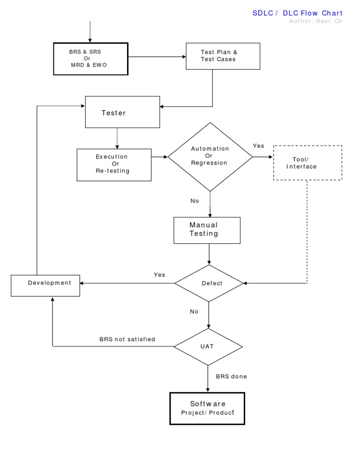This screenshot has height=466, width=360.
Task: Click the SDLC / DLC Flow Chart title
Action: pyautogui.click(x=297, y=13)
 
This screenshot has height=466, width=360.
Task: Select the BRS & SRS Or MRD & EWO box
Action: pyautogui.click(x=90, y=59)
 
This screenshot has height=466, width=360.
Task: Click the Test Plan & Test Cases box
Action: pyautogui.click(x=223, y=56)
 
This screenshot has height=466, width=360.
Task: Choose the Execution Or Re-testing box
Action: pyautogui.click(x=114, y=164)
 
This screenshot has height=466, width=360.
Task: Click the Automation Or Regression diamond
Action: pyautogui.click(x=210, y=157)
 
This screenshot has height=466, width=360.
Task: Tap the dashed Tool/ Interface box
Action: pyautogui.click(x=307, y=163)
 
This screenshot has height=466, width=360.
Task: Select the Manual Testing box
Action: pyautogui.click(x=207, y=230)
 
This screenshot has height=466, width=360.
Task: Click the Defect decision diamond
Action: pyautogui.click(x=209, y=283)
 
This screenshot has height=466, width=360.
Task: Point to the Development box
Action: pyautogui.click(x=45, y=283)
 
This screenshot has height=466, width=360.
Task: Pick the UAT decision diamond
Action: pyautogui.click(x=208, y=347)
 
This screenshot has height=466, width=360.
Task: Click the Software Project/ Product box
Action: pyautogui.click(x=207, y=408)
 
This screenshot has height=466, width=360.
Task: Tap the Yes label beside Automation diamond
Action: pyautogui.click(x=259, y=146)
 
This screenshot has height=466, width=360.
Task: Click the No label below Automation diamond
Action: pyautogui.click(x=195, y=201)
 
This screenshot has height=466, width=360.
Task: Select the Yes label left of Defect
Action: pyautogui.click(x=159, y=275)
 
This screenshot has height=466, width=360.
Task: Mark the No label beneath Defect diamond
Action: pyautogui.click(x=195, y=312)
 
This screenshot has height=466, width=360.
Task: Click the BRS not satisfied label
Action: pyautogui.click(x=127, y=339)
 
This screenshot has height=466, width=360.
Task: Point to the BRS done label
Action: pyautogui.click(x=231, y=376)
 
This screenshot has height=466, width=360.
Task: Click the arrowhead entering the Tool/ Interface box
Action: pyautogui.click(x=270, y=157)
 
